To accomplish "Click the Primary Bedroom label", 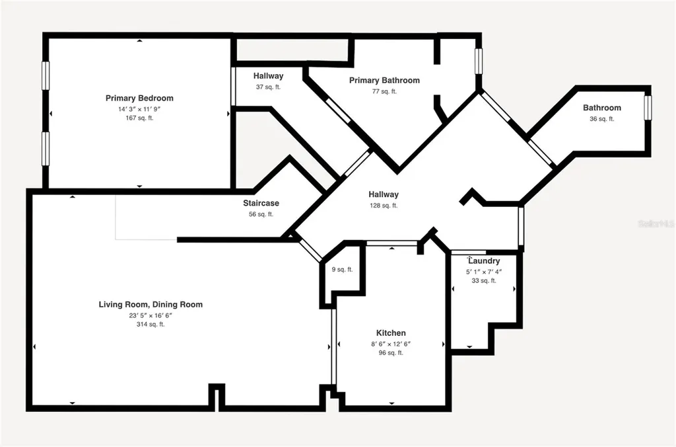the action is click(x=139, y=98).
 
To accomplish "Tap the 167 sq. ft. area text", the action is click(x=139, y=118).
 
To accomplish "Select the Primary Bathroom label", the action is click(x=384, y=80).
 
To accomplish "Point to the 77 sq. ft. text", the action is click(x=384, y=91).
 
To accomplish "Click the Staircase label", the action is click(x=261, y=203).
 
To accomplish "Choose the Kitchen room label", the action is click(x=391, y=333).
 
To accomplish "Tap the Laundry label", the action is click(x=484, y=261).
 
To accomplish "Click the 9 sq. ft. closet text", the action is click(x=343, y=270).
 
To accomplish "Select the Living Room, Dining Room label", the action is click(x=151, y=304).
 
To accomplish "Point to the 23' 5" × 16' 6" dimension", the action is click(x=151, y=315).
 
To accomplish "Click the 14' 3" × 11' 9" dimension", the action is click(x=139, y=109).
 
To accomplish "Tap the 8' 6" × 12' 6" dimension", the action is click(x=391, y=344).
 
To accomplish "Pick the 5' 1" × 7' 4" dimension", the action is click(x=484, y=272).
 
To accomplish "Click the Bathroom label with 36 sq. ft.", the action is click(x=602, y=108).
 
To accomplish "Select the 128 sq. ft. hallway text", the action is click(x=384, y=206).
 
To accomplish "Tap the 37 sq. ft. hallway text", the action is click(x=268, y=87).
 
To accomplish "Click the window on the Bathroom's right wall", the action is click(x=648, y=108).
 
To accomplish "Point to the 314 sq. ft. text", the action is click(x=151, y=325).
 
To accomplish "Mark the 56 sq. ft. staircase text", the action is click(x=261, y=214).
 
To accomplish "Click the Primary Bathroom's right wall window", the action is click(x=479, y=61).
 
